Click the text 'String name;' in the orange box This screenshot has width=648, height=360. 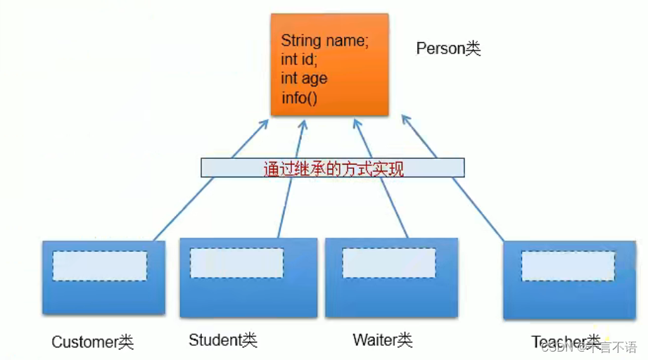[324, 41]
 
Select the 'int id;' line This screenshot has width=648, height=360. [299, 60]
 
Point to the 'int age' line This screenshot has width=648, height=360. [304, 79]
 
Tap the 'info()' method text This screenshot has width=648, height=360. [300, 98]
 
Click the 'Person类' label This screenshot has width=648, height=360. [448, 49]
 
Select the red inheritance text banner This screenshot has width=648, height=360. [333, 168]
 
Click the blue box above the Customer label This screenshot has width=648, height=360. [103, 295]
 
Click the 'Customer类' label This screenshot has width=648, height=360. [92, 342]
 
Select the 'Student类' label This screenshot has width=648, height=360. [222, 340]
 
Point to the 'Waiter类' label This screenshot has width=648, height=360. [382, 340]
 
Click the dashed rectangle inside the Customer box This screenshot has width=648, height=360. [99, 266]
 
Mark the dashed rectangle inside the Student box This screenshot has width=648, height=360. [236, 262]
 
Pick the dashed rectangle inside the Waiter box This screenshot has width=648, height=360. [389, 263]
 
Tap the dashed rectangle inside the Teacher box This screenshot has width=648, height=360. [568, 266]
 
